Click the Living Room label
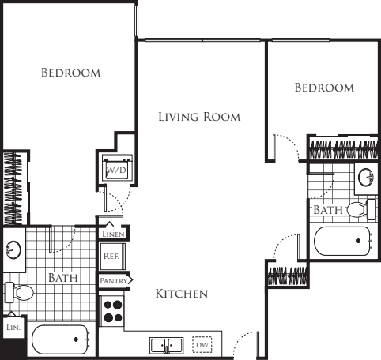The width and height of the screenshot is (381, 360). (199, 117)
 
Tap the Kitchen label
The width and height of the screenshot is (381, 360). (182, 294)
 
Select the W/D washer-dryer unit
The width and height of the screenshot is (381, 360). (117, 167)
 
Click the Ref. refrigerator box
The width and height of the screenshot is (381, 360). (112, 257)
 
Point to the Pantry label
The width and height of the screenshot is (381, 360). (114, 281)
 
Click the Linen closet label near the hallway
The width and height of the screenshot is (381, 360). (113, 234)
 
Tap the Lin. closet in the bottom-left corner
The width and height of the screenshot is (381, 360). (13, 328)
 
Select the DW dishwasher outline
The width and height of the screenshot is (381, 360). (202, 345)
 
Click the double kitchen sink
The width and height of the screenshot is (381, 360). (167, 346)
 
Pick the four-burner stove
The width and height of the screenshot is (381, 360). (112, 311)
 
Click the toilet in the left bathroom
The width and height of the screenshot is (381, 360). (19, 292)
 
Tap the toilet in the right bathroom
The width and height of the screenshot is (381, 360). (361, 209)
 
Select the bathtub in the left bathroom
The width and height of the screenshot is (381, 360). (60, 339)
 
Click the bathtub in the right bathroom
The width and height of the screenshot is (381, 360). (342, 241)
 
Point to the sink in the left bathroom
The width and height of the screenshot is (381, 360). (13, 249)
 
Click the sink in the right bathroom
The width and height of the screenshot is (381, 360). (366, 178)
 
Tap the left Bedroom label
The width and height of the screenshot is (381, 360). (71, 73)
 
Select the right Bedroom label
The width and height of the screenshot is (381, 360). (324, 88)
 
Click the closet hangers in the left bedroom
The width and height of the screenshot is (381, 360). (13, 188)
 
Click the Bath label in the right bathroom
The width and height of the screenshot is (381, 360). (328, 210)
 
